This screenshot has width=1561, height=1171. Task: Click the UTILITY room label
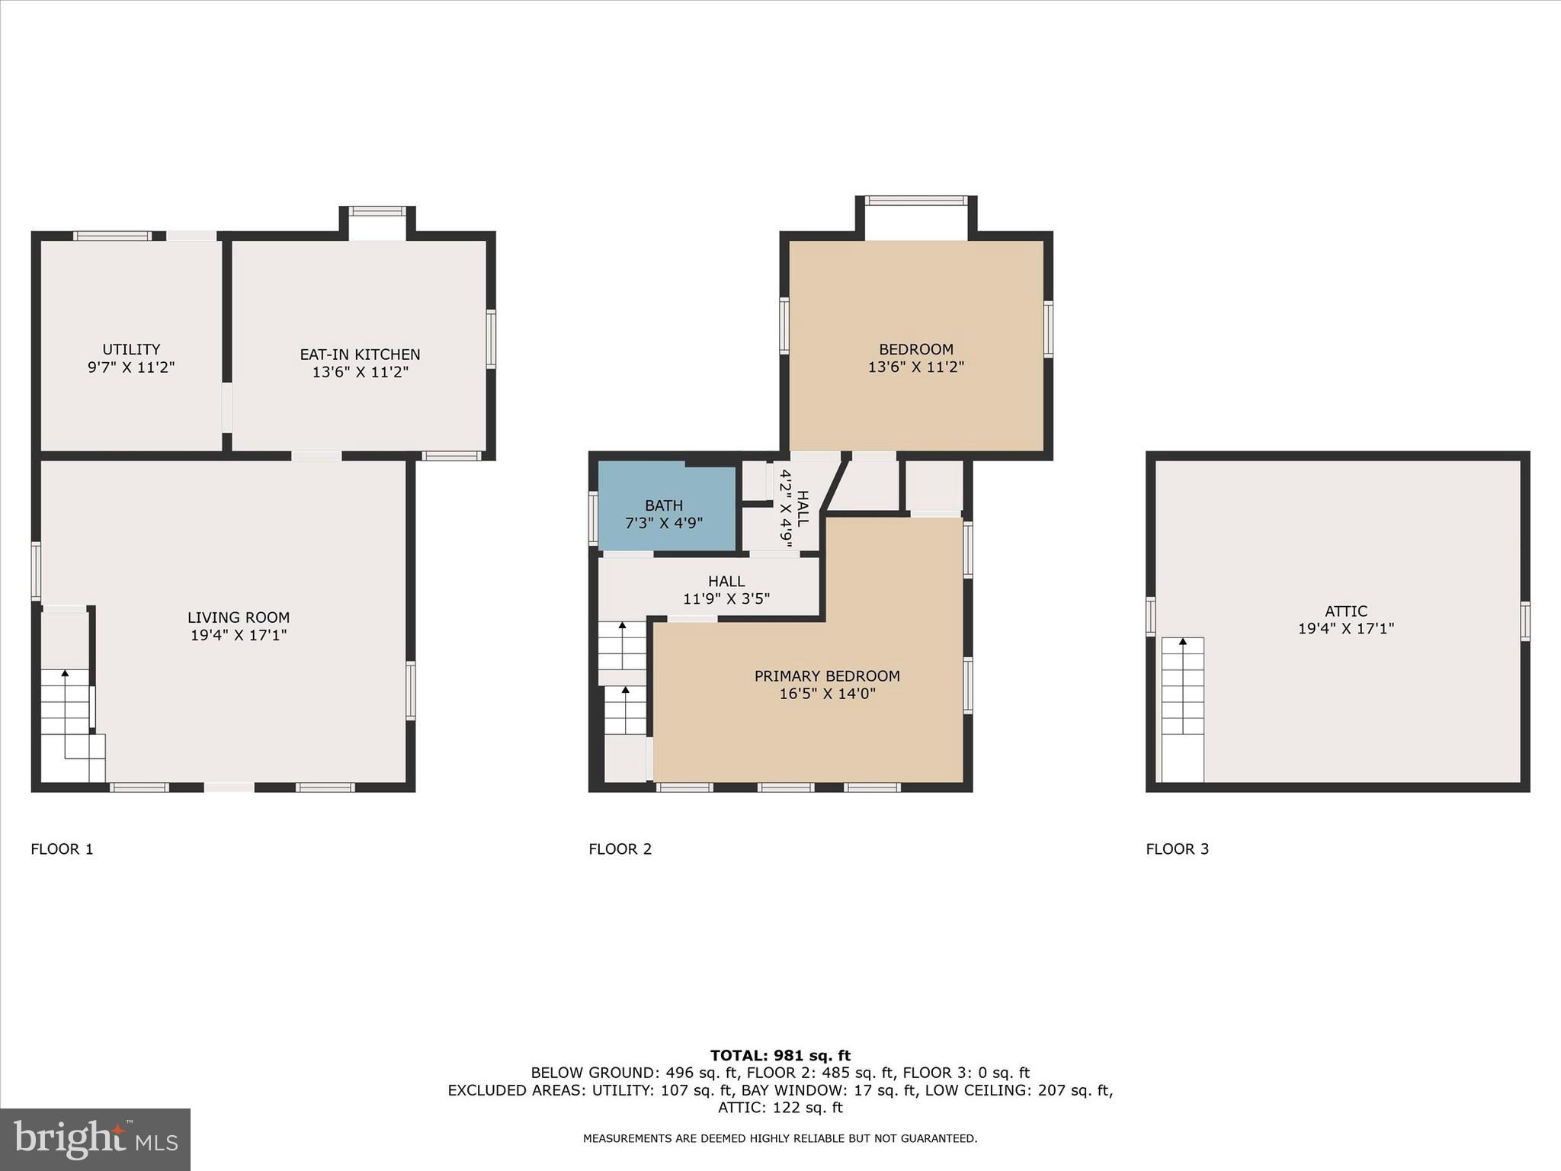coord(131,350)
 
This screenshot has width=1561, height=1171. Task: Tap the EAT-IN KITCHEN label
coord(360,355)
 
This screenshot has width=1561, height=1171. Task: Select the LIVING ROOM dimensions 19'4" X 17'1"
coord(239,635)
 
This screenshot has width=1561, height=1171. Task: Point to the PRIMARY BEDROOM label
coord(827,676)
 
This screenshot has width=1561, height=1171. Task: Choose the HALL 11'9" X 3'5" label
coord(726,591)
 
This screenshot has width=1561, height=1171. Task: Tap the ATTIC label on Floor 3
coord(1345,611)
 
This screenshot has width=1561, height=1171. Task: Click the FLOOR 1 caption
coord(62,849)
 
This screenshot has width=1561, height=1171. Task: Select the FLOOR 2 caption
coord(620,849)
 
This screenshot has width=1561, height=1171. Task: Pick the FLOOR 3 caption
coord(1177,849)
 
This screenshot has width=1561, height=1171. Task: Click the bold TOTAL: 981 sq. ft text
coord(780,1056)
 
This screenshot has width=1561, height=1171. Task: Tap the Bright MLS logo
coord(95,1139)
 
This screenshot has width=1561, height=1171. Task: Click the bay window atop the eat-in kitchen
coord(377,212)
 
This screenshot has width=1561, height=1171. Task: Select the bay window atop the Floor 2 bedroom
coord(915,201)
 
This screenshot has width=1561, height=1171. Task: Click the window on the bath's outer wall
coord(593,518)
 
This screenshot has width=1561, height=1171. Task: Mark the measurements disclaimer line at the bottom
coord(780,1138)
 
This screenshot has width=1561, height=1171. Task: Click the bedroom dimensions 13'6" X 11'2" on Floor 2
coord(915,367)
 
